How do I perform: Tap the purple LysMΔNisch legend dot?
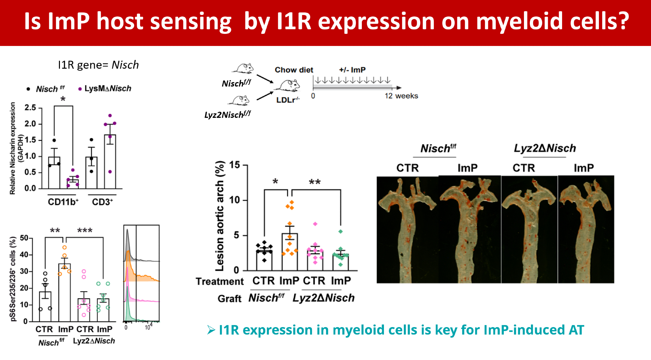[x=80, y=89]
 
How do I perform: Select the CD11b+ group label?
[x=63, y=202]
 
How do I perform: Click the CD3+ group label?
[x=102, y=202]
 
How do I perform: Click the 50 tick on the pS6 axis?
[x=24, y=238]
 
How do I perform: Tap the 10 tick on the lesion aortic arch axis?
[x=235, y=200]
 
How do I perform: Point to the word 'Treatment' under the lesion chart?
[x=219, y=281]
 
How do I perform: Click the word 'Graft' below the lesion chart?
[x=229, y=299]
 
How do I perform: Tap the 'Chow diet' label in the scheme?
[x=294, y=70]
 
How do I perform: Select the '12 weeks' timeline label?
[x=401, y=96]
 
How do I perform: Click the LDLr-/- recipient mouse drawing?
[x=287, y=86]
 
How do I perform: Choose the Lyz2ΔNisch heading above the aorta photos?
[x=545, y=149]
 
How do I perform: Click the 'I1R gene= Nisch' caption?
[x=98, y=65]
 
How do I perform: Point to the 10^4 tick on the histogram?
[x=149, y=327]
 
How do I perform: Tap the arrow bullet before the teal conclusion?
[x=211, y=330]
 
